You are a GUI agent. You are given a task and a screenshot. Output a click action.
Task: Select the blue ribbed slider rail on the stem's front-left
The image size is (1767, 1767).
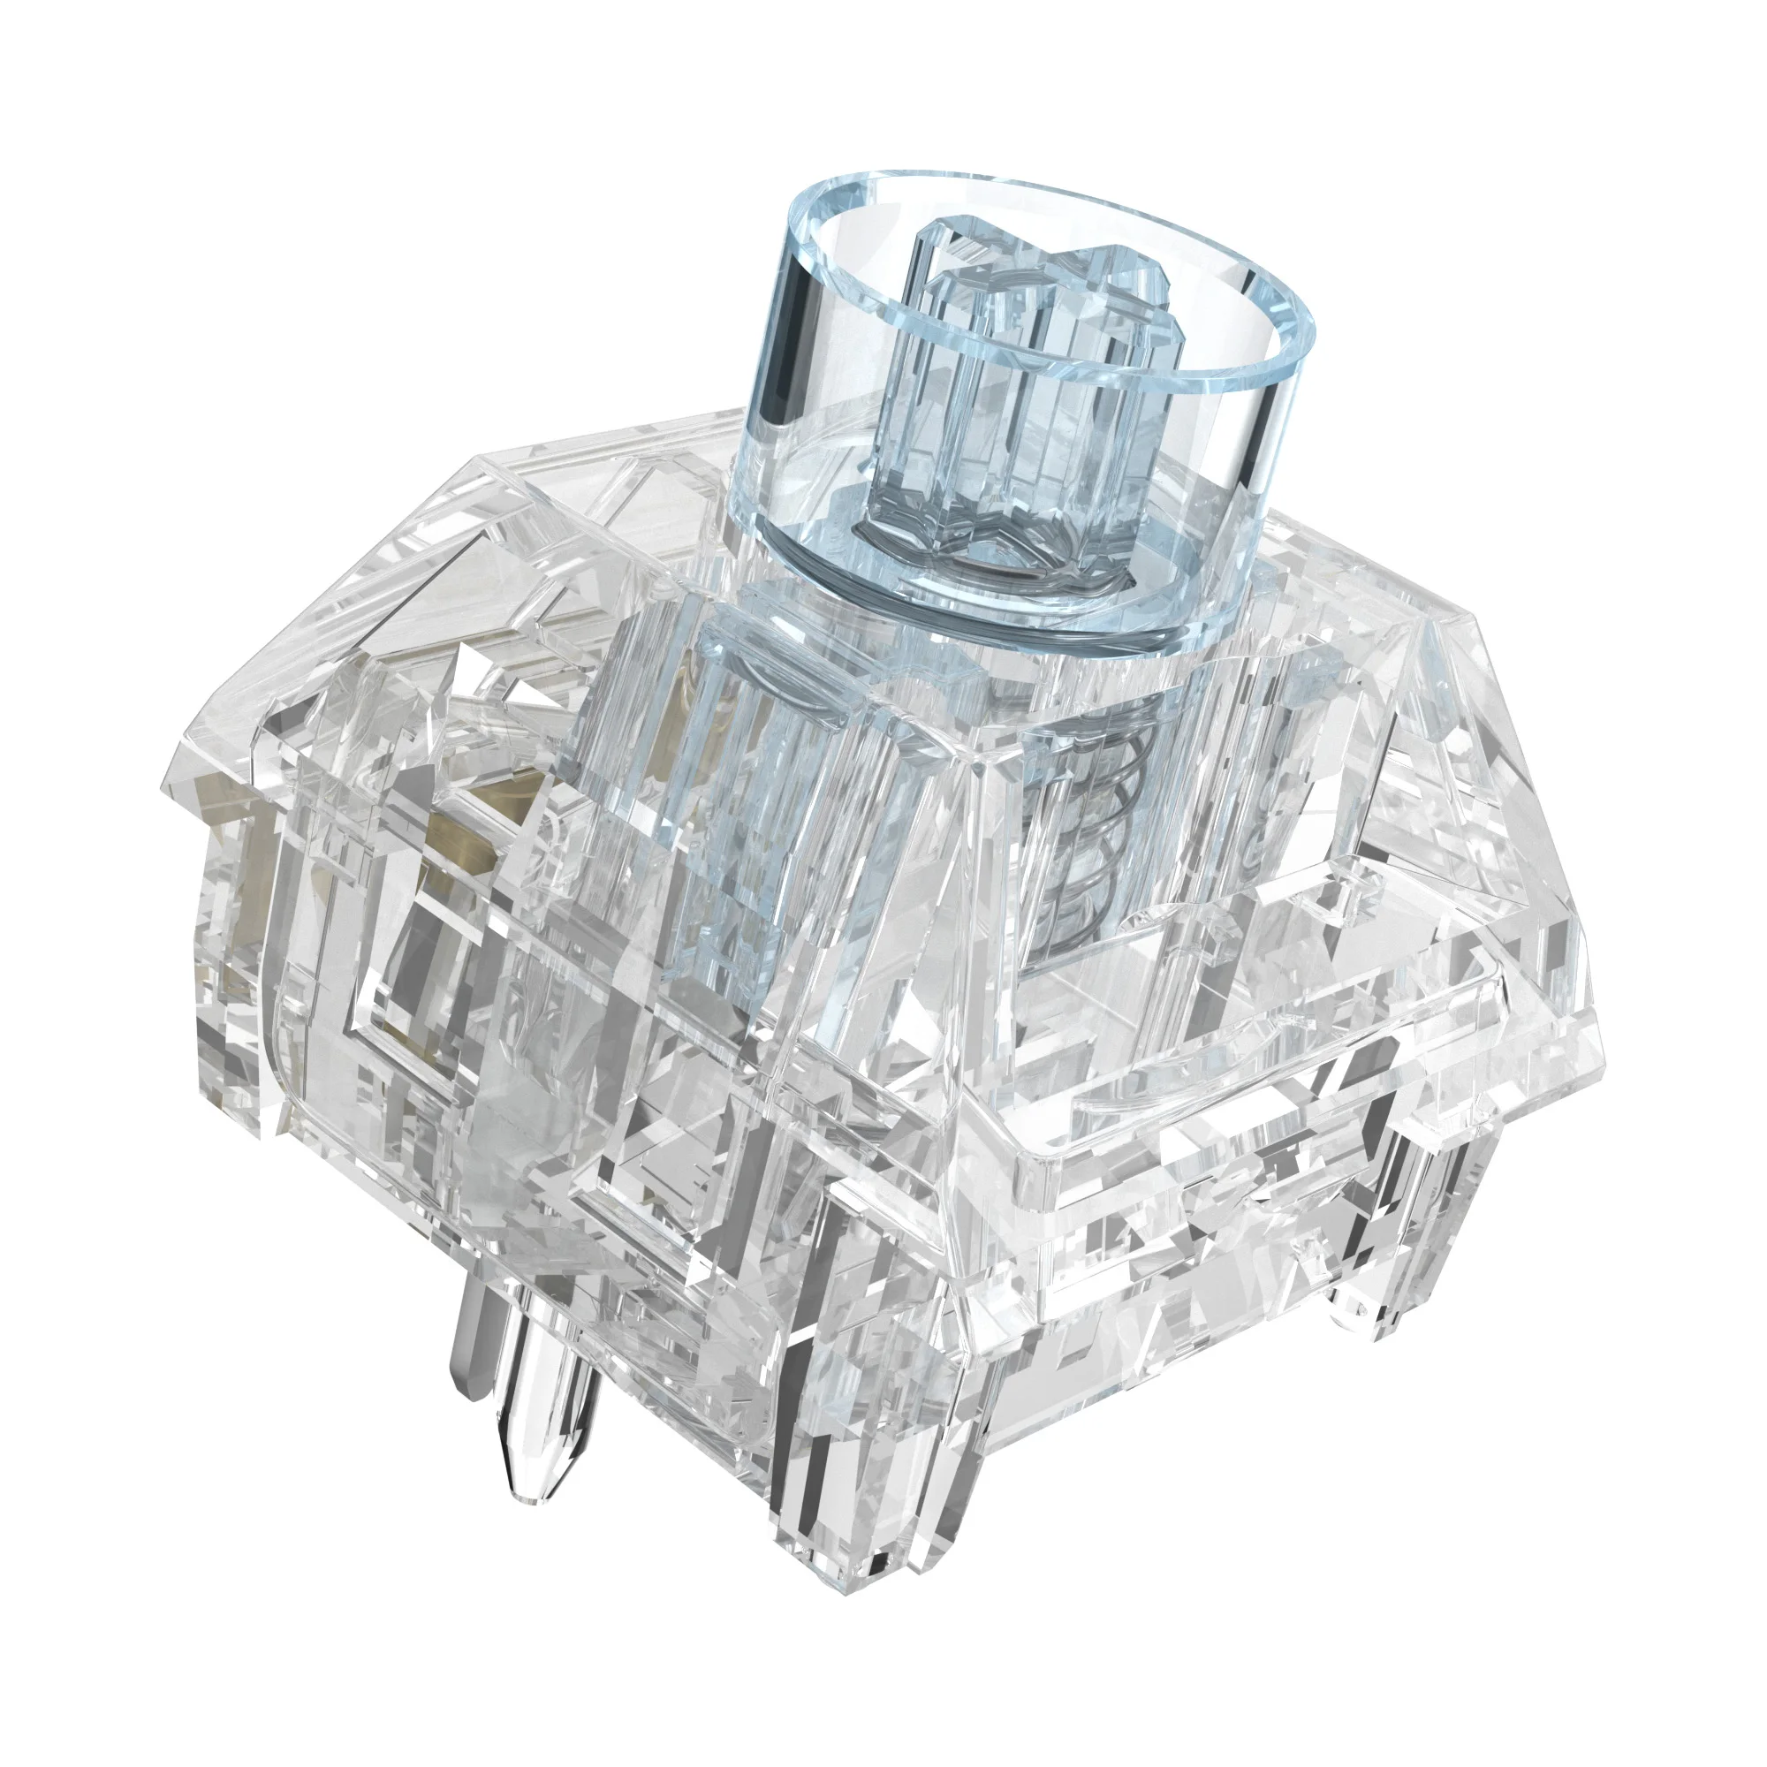732,823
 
